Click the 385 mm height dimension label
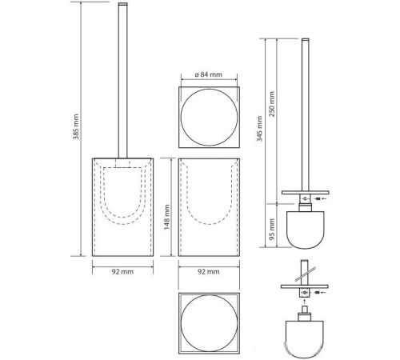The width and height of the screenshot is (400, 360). [x=76, y=126]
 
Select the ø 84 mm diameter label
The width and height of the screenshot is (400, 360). [x=208, y=74]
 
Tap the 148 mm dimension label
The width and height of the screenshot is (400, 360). [x=166, y=217]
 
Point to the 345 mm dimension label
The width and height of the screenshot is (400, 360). [x=260, y=129]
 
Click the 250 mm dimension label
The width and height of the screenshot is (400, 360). [x=272, y=104]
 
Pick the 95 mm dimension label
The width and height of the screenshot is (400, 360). [x=272, y=230]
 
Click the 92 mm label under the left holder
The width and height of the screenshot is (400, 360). [x=122, y=272]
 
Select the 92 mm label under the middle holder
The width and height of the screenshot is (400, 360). [x=209, y=272]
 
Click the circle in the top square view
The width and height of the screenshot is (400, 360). [x=209, y=90]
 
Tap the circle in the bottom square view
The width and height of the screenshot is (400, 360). [x=209, y=295]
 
